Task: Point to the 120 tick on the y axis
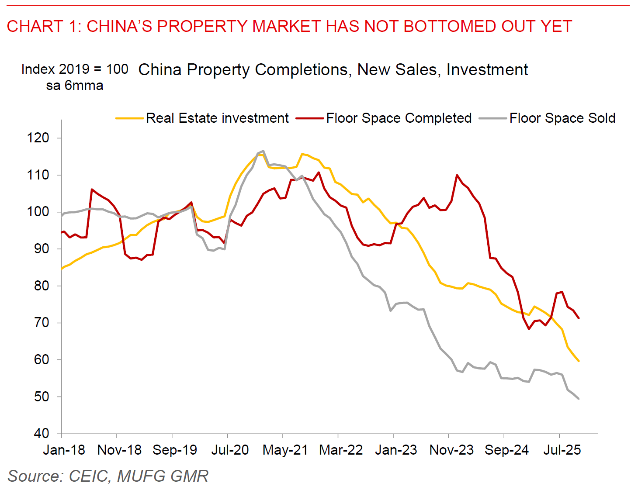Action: coord(38,138)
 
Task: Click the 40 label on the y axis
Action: coord(42,433)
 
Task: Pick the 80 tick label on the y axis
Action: coord(42,286)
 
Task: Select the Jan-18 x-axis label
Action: coord(64,450)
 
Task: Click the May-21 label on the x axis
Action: coord(285,450)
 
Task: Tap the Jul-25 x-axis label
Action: coord(562,450)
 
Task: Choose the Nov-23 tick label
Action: coord(451,450)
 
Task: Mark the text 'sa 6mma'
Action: coord(75,86)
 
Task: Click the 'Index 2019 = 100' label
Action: coord(75,69)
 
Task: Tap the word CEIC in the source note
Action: coord(89,476)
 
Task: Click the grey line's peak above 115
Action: coord(263,151)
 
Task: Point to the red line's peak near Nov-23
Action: coord(457,175)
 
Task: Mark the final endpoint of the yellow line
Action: coord(579,361)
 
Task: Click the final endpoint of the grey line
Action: coord(579,399)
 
